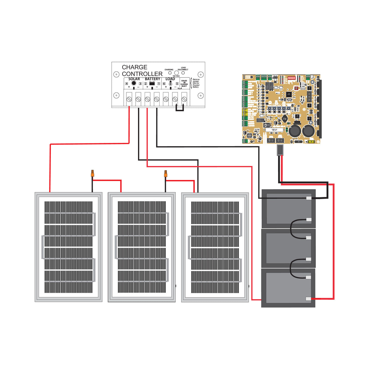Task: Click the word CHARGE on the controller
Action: pos(134,67)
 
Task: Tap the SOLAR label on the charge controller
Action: pos(134,79)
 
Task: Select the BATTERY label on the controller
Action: pos(152,79)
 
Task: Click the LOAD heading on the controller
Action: pos(170,79)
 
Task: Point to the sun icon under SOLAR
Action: pos(134,83)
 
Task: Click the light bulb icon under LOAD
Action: pos(171,83)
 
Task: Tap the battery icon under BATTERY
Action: pos(152,83)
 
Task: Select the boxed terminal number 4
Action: pos(126,84)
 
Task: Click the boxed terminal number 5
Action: pos(177,84)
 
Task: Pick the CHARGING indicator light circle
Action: pos(170,73)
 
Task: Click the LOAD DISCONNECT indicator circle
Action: pos(183,73)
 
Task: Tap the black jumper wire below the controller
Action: pos(180,110)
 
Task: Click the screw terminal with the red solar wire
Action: pos(129,99)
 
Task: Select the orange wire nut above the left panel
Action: pos(92,174)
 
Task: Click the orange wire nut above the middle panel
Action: pos(166,174)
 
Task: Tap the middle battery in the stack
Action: pos(288,248)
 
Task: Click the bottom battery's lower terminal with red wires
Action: pos(308,299)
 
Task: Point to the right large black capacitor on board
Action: pos(309,131)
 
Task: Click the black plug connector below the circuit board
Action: pos(280,150)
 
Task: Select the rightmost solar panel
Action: pos(215,247)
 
